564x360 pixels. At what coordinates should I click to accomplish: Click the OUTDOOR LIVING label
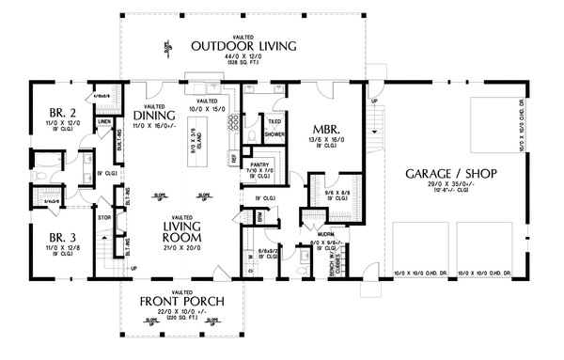click(x=243, y=45)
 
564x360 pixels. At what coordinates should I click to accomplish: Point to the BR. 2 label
click(x=53, y=117)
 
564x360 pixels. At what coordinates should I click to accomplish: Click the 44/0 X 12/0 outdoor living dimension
click(x=243, y=57)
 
